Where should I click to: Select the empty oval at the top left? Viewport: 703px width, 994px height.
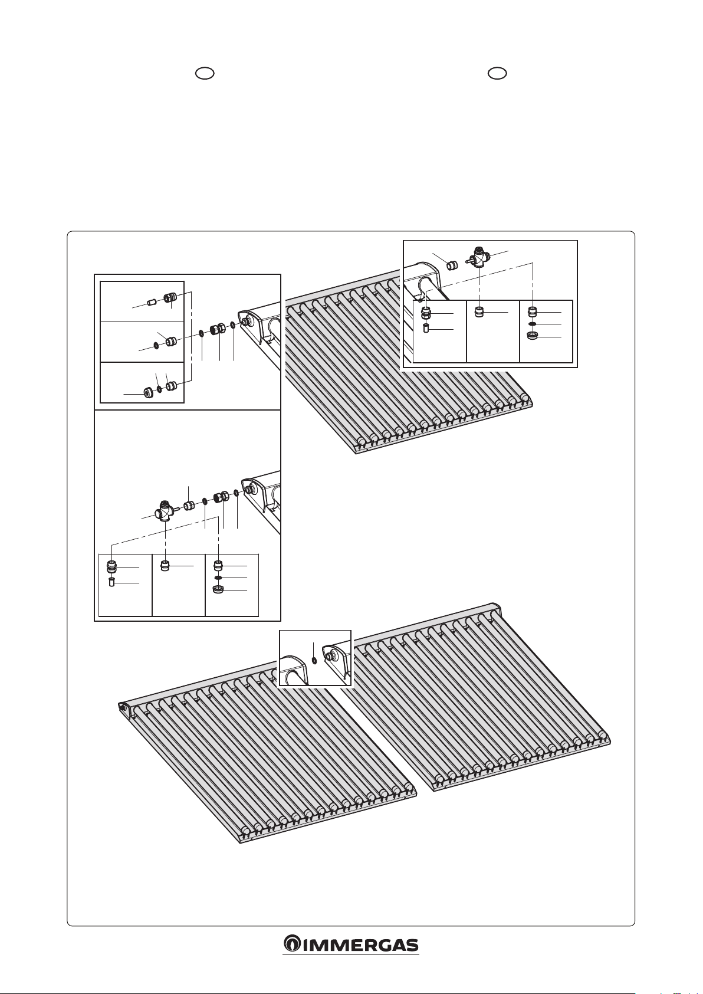pos(204,73)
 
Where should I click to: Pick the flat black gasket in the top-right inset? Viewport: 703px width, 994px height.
pos(532,324)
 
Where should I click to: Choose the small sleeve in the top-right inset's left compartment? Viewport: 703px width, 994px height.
pos(426,328)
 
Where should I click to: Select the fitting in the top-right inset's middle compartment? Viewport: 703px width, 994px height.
pos(479,311)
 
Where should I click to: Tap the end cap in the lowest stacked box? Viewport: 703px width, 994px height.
pos(147,392)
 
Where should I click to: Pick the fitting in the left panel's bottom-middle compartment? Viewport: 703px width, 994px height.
pos(166,566)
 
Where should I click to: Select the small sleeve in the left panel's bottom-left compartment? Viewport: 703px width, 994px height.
pos(111,583)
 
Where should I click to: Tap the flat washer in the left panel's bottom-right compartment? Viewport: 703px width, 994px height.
pos(218,578)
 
